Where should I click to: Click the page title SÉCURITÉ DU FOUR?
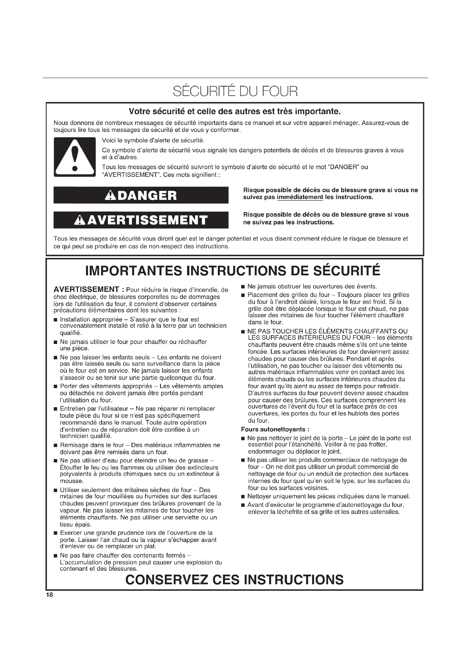click(235, 92)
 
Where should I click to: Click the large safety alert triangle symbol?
click(75, 157)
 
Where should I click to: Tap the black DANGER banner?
click(141, 195)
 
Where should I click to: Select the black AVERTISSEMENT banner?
click(141, 220)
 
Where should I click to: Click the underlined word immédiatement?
click(300, 197)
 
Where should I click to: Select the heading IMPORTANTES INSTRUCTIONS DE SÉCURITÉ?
click(233, 271)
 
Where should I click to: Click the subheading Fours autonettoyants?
click(275, 429)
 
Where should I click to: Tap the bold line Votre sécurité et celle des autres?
click(235, 111)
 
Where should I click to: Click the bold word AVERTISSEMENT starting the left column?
click(87, 290)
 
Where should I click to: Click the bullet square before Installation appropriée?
click(56, 320)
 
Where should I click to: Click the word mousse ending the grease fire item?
click(72, 481)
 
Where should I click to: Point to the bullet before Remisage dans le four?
click(56, 445)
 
